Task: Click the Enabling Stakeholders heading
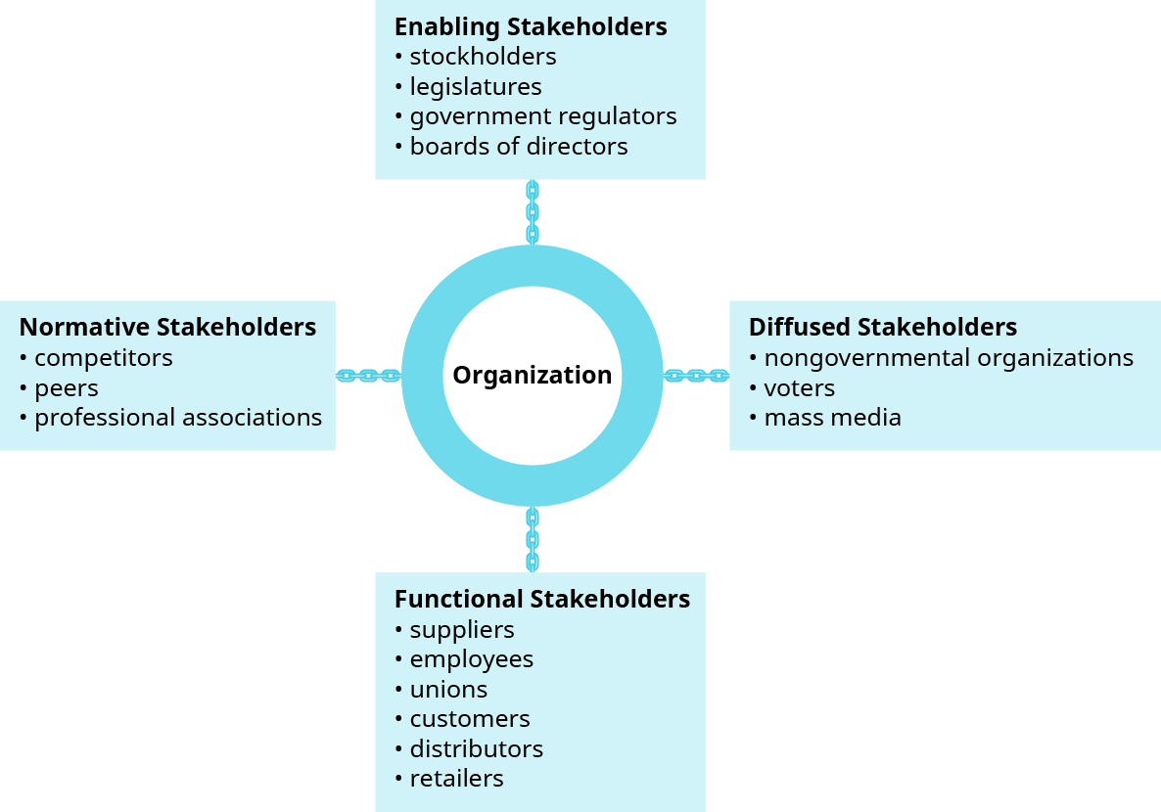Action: (531, 26)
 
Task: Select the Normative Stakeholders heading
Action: (167, 327)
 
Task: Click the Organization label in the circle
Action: (532, 376)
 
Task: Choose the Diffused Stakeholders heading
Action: (882, 327)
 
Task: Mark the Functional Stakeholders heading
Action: (541, 599)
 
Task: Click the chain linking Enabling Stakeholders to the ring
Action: (533, 211)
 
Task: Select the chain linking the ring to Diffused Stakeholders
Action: (696, 376)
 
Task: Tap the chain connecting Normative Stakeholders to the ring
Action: (368, 376)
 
